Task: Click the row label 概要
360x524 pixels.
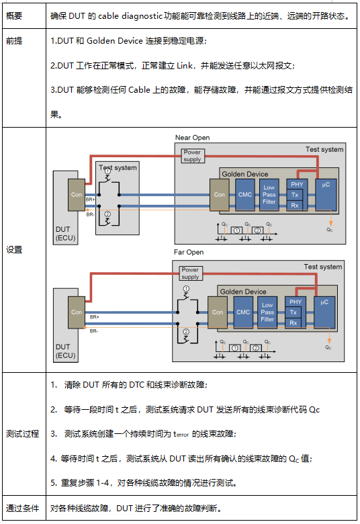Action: pyautogui.click(x=15, y=15)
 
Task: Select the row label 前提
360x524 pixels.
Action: pyautogui.click(x=15, y=42)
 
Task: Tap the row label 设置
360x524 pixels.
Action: pyautogui.click(x=15, y=250)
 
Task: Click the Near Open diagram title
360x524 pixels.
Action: pyautogui.click(x=192, y=138)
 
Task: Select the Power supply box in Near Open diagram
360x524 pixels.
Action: pyautogui.click(x=192, y=156)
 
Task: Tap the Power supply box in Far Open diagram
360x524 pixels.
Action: pyautogui.click(x=191, y=273)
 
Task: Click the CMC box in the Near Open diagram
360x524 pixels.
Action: pyautogui.click(x=244, y=194)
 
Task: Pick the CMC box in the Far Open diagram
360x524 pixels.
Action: pyautogui.click(x=242, y=312)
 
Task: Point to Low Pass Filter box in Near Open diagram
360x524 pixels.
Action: pyautogui.click(x=269, y=194)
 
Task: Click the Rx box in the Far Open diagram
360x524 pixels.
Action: pyautogui.click(x=293, y=323)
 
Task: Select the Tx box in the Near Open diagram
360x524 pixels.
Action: pyautogui.click(x=295, y=195)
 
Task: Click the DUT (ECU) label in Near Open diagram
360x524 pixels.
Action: pyautogui.click(x=66, y=233)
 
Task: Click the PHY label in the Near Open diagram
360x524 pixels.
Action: pyautogui.click(x=295, y=183)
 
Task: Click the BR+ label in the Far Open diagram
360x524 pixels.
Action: pyautogui.click(x=93, y=316)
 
